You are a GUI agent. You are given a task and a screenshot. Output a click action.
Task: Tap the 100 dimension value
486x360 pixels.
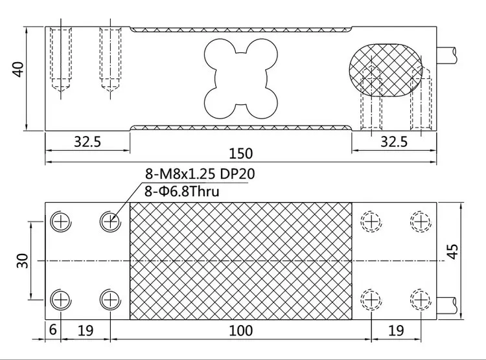240,330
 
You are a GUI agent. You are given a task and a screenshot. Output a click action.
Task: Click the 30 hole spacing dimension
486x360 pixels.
21,260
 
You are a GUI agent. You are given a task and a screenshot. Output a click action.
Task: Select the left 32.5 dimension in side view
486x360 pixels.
87,142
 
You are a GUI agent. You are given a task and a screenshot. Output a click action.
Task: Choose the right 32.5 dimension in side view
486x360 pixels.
395,142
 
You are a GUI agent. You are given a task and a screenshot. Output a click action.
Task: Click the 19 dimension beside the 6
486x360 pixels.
84,330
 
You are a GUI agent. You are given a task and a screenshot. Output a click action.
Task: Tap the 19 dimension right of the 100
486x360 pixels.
395,330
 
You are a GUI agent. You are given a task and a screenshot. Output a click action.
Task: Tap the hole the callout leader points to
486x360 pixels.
110,221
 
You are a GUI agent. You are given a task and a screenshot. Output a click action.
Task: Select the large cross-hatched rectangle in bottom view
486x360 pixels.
240,260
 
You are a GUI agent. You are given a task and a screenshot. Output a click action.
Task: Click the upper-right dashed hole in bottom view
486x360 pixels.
421,221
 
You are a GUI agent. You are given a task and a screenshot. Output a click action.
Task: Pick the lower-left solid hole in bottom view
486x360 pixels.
60,299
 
